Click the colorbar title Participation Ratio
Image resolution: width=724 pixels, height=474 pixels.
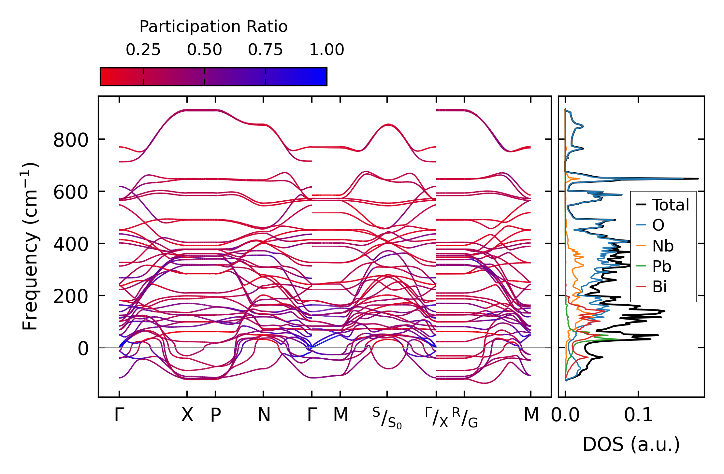tap(213, 27)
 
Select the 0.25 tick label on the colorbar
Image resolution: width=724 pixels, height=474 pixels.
tap(143, 50)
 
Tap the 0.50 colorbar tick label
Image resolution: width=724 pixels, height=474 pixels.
tap(204, 50)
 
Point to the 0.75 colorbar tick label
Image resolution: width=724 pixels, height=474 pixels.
tap(265, 50)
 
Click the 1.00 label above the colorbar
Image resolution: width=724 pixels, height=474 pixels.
tap(326, 50)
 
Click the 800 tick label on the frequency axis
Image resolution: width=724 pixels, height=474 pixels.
tap(71, 141)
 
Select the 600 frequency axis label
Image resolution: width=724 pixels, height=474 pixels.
tap(71, 193)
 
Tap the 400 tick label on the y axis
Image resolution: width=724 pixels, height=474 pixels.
tap(71, 245)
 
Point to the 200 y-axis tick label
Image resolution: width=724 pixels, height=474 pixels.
tap(71, 297)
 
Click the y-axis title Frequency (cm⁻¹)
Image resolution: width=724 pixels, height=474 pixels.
tap(30, 247)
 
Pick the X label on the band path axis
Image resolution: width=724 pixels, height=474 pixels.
tap(187, 415)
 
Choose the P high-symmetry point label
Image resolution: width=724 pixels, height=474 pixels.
tap(215, 415)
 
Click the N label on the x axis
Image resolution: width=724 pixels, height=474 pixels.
tap(264, 415)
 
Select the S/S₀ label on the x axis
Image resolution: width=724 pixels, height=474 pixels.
tap(387, 418)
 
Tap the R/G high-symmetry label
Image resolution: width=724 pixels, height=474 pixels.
tap(465, 418)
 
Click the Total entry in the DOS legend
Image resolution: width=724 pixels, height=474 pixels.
tap(670, 205)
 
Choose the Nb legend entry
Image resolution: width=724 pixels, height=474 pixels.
tap(662, 246)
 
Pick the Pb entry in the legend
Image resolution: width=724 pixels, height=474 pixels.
tap(661, 266)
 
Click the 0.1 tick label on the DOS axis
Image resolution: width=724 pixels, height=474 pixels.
tap(638, 415)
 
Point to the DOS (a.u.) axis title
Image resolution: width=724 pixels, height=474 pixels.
tap(631, 445)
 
